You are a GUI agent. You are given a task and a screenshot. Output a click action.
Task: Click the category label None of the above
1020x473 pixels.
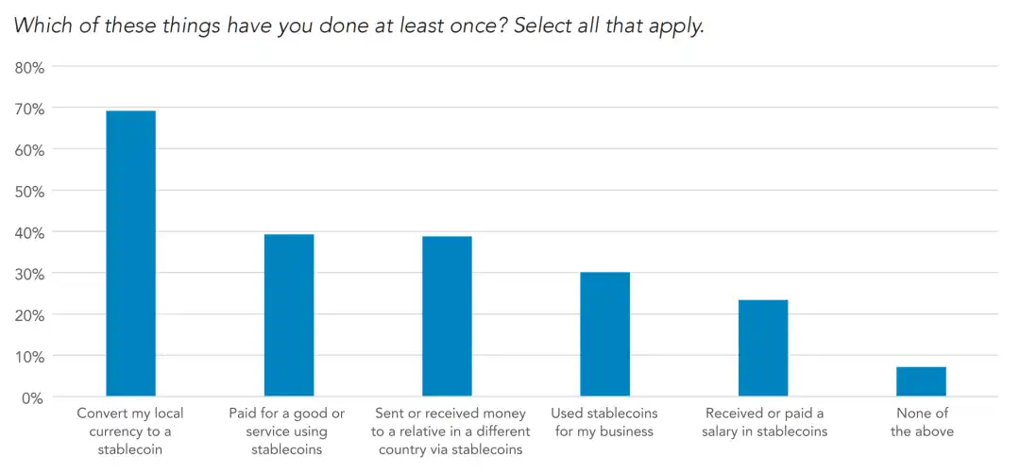coord(922,422)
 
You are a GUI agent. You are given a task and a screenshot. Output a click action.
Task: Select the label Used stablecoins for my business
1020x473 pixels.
coord(604,422)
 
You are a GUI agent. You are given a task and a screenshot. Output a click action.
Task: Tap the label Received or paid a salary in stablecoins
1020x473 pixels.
coord(765,422)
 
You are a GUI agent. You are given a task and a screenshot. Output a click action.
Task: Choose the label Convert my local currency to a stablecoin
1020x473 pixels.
coord(130,431)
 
